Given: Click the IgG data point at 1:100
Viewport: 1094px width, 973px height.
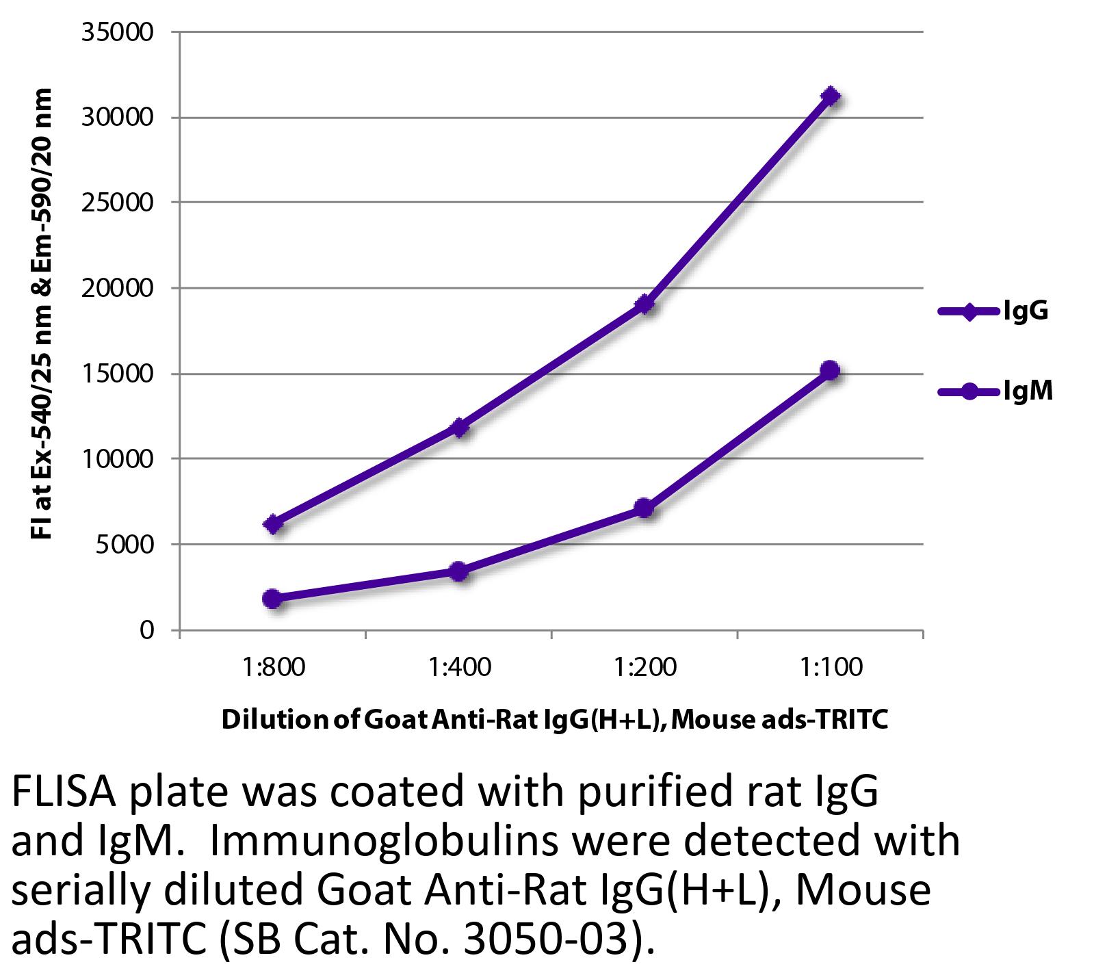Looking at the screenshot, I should tap(831, 96).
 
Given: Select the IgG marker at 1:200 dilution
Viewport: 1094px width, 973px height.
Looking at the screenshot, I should tap(644, 304).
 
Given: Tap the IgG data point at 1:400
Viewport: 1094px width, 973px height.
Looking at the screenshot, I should tap(459, 428).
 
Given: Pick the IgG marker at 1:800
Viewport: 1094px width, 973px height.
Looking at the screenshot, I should tap(273, 524).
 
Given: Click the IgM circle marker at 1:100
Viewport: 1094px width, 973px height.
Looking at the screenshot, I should tap(830, 370).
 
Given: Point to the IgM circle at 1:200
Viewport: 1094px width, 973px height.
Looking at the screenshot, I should tap(644, 508).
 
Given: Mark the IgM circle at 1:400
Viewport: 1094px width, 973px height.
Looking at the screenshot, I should tap(458, 571).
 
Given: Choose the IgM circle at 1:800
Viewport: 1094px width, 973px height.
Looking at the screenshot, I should tap(272, 598).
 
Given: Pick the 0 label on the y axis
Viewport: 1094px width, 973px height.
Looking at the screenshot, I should tap(147, 630).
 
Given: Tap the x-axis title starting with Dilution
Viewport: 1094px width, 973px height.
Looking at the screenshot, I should tap(555, 719).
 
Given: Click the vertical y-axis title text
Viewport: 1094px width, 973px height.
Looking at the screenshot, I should tap(42, 313).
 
